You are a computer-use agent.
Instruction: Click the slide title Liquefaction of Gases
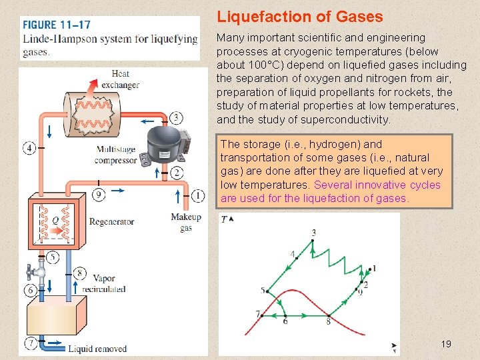[299, 17]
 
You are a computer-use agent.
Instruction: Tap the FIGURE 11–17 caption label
[57, 25]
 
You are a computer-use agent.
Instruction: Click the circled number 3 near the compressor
[176, 118]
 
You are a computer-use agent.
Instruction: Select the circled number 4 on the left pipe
[29, 148]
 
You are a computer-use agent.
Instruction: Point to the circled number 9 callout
[98, 195]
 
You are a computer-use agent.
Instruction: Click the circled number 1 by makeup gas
[198, 195]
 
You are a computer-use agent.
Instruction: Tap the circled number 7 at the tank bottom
[31, 343]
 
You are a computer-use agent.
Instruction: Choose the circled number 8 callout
[79, 272]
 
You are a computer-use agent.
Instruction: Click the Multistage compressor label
[116, 155]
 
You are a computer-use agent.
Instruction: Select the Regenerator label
[111, 222]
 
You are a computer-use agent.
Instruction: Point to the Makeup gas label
[186, 223]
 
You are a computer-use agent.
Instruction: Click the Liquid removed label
[97, 349]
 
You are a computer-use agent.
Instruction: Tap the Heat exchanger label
[120, 79]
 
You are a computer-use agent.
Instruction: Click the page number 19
[446, 344]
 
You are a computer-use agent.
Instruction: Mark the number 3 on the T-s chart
[313, 233]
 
